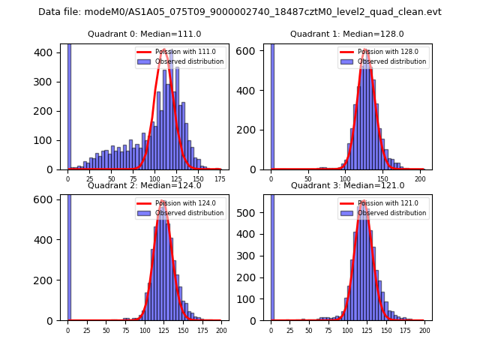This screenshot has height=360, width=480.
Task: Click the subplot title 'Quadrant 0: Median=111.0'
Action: tap(145, 34)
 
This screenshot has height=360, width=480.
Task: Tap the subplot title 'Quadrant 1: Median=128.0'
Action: tap(347, 34)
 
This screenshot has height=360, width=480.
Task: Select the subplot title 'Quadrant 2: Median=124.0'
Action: tap(145, 185)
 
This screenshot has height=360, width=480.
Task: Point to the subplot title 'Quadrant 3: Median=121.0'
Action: tap(347, 185)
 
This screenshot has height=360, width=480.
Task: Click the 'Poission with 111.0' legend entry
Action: tap(185, 52)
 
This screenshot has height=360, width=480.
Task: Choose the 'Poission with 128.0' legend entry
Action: tap(388, 52)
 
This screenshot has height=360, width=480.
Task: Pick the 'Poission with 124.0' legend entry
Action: tap(185, 203)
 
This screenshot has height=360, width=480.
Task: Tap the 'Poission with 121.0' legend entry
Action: tap(388, 203)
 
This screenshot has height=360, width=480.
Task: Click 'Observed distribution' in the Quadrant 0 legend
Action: tap(189, 61)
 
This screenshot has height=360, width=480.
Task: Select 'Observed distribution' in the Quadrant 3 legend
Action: tap(391, 213)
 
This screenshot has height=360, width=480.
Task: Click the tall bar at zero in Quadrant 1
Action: tap(271, 105)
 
